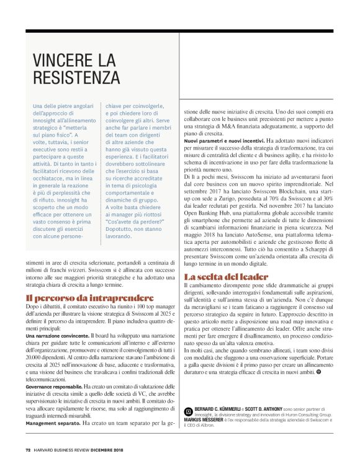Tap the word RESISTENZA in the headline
pyautogui.click(x=76, y=78)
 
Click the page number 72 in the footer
pyautogui.click(x=29, y=450)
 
